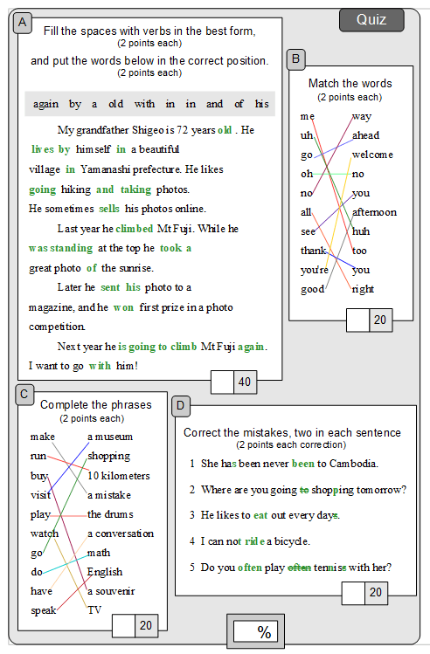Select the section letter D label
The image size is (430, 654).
tap(181, 404)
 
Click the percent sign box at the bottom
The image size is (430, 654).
tap(263, 632)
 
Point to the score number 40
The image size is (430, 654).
tap(244, 382)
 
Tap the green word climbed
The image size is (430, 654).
tap(134, 229)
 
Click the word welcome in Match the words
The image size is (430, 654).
tap(372, 155)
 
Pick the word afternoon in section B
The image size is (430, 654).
tap(374, 212)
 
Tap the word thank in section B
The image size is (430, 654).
tap(313, 251)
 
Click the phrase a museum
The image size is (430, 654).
tap(110, 437)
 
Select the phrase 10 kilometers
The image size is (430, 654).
tap(118, 476)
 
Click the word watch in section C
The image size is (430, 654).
tap(45, 534)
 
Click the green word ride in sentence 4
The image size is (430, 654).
tap(254, 541)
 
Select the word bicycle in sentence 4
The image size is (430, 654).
tap(294, 541)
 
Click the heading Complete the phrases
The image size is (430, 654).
tap(95, 404)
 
